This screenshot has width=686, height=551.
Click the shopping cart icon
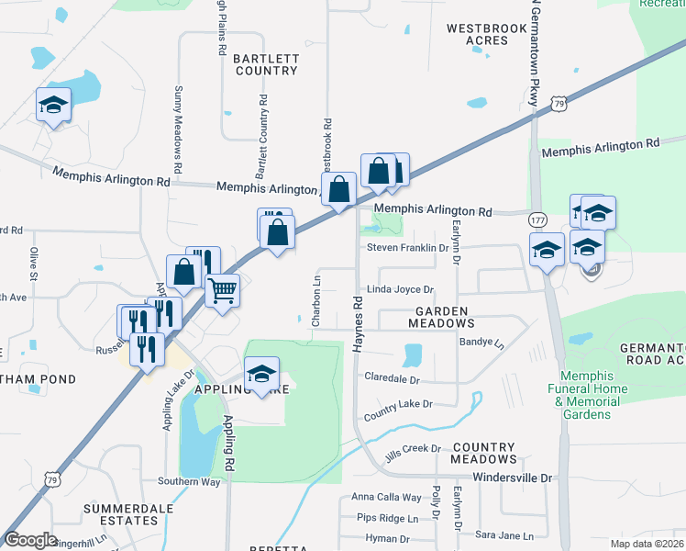(x=223, y=291)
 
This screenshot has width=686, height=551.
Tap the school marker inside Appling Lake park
(x=261, y=374)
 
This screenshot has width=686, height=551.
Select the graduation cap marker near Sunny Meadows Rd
(x=53, y=105)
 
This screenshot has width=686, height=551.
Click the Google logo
(x=30, y=540)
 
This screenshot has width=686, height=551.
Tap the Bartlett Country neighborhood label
(x=266, y=64)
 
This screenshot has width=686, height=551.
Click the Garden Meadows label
(x=441, y=318)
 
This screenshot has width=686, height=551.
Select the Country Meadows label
(x=484, y=453)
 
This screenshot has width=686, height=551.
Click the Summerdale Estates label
(x=121, y=514)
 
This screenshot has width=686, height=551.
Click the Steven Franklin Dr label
(x=406, y=248)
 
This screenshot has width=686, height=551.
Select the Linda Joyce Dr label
(x=400, y=289)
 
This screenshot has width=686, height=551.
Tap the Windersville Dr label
(x=513, y=478)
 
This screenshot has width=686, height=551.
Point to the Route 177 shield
(x=537, y=220)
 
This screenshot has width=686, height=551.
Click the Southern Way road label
(x=189, y=481)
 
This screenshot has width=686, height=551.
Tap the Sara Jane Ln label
(x=503, y=534)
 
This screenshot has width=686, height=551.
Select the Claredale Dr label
(x=392, y=378)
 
